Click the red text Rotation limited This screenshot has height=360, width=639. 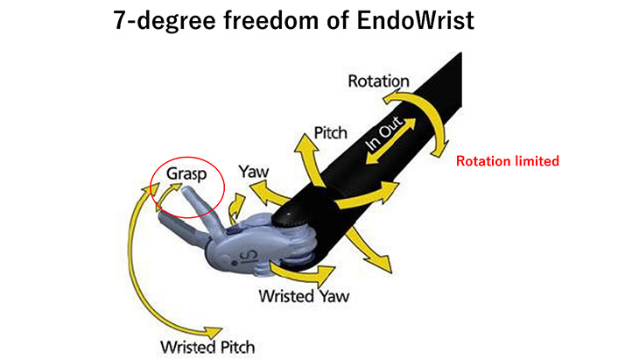tap(508, 161)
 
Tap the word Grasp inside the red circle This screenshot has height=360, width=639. tap(186, 174)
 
